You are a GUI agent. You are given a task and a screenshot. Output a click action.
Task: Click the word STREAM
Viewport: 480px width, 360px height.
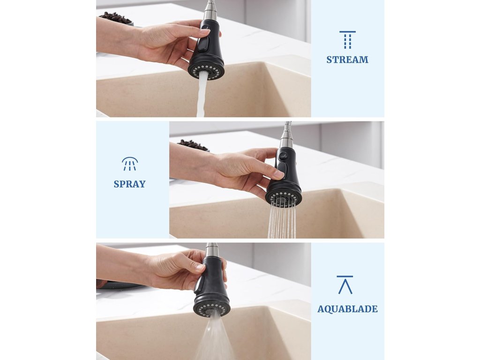(x=347, y=60)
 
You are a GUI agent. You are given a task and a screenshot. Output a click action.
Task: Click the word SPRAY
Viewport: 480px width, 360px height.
(x=129, y=184)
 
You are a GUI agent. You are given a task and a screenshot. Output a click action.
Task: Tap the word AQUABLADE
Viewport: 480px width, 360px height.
(x=347, y=309)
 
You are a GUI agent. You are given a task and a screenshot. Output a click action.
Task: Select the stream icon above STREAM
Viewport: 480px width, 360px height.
(x=347, y=40)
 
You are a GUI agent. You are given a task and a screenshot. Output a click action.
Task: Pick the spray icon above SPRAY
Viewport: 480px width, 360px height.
(x=130, y=164)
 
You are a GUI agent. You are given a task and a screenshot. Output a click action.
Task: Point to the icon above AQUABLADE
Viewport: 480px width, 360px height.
(x=345, y=285)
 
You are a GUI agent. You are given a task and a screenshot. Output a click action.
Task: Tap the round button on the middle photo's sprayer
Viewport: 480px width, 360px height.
(x=283, y=156)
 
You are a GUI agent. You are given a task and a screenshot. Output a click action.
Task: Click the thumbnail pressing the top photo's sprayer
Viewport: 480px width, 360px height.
(x=205, y=30)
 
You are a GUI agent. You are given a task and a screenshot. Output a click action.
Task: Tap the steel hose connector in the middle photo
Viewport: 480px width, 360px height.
(x=286, y=135)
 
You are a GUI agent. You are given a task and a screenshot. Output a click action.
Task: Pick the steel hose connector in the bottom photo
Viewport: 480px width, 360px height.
(x=211, y=250)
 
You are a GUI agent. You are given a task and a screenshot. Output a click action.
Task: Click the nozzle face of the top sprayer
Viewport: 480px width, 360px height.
(x=206, y=72)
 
